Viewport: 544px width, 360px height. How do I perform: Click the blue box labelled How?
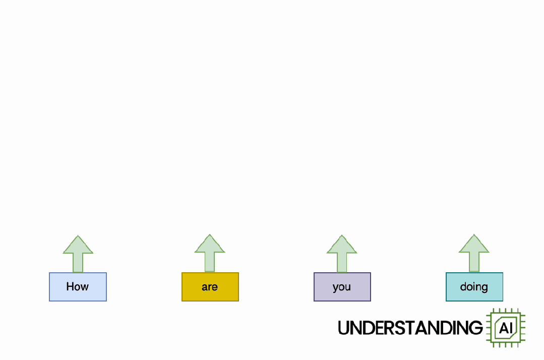click(x=78, y=287)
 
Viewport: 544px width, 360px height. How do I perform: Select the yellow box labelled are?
click(x=210, y=287)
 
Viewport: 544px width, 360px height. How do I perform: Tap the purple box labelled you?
click(x=342, y=287)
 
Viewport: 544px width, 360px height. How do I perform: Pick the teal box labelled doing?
click(x=474, y=287)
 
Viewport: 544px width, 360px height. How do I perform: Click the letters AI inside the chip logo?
click(x=505, y=329)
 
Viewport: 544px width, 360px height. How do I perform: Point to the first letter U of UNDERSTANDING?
click(x=344, y=328)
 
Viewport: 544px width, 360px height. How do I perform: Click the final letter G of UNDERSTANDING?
click(x=476, y=328)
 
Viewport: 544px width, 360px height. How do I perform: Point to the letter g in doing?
click(x=484, y=288)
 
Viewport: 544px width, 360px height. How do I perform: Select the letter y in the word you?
click(x=335, y=288)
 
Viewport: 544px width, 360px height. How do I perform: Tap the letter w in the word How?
click(x=85, y=287)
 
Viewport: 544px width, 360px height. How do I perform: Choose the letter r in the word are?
click(x=210, y=287)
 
